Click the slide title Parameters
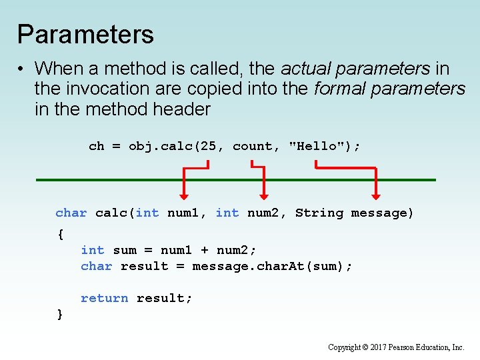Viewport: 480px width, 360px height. point(85,35)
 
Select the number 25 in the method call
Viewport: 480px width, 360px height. point(208,146)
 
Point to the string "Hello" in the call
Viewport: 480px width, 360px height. point(315,146)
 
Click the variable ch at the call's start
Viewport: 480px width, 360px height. point(97,146)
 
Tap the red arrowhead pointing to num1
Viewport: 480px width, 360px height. point(183,195)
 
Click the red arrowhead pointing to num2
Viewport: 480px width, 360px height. point(264,195)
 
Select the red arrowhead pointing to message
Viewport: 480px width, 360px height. point(376,195)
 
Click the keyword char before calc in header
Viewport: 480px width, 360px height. point(71,213)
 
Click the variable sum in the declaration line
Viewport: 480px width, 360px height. point(125,251)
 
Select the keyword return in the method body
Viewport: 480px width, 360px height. point(104,299)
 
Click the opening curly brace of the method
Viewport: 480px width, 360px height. point(60,234)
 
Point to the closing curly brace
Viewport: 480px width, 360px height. point(60,313)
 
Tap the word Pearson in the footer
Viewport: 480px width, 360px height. point(413,347)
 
